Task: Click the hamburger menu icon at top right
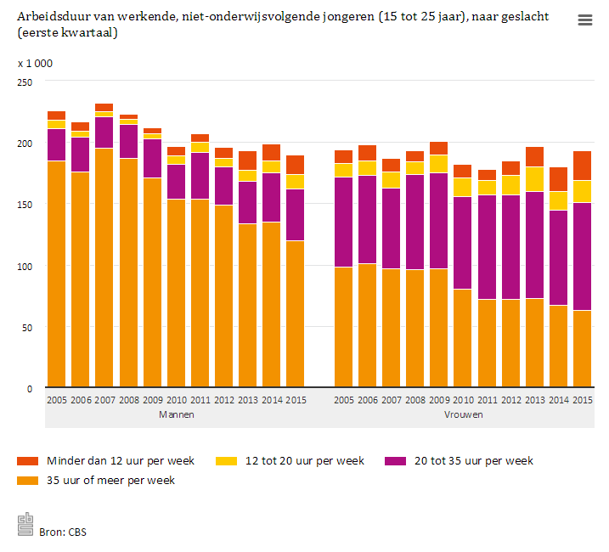(584, 20)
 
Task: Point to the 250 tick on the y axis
(25, 82)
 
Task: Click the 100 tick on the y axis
(25, 266)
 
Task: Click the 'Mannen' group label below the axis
(176, 414)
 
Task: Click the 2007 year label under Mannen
(104, 400)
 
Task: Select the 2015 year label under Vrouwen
(582, 400)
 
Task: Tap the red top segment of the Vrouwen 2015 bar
(582, 166)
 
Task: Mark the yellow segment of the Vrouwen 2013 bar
(534, 179)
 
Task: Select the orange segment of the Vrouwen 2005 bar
(343, 327)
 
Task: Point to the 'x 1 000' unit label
(35, 64)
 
